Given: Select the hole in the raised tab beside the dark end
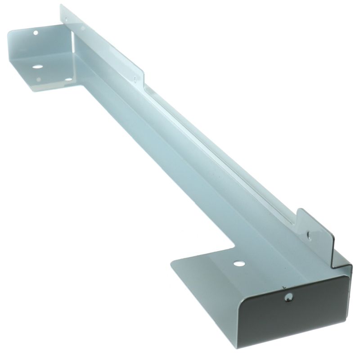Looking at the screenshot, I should pos(309,234).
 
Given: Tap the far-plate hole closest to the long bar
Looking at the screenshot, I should pos(68,80).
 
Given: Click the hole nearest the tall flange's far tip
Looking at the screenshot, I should pos(66,19).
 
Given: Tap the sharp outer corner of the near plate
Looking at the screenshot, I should pos(171,263).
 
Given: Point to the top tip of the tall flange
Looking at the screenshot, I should pos(61,5).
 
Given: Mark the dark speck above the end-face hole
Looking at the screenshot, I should pos(283,286).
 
